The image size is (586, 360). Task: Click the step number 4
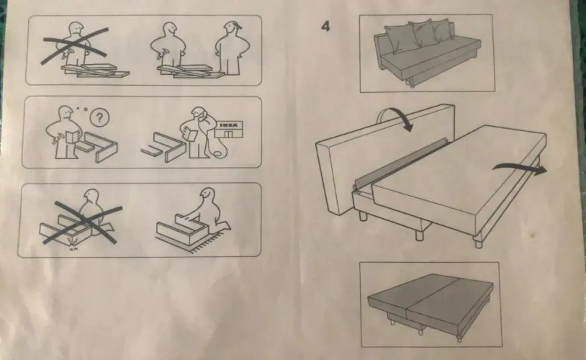pos(326,26)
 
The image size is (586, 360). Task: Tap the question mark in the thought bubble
pos(99,118)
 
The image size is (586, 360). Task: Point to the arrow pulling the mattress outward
pos(520,168)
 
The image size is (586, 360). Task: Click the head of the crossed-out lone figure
pos(76,29)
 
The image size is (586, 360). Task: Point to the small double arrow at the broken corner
pos(73,248)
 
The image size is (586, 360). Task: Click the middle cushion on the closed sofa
pos(423,34)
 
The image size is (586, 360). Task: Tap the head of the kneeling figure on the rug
pos(207,196)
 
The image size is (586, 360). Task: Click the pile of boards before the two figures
pos(191,71)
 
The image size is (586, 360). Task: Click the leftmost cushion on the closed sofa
pos(400,38)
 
